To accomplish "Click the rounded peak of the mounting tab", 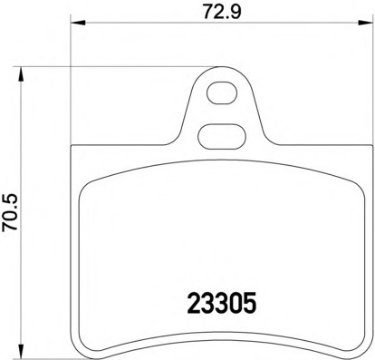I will pyautogui.click(x=220, y=71).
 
